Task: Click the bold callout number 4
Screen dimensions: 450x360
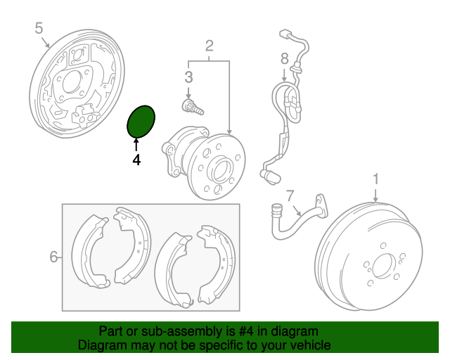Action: (136, 160)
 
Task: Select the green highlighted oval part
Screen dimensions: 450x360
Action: (141, 122)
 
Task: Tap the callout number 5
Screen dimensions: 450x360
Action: (39, 28)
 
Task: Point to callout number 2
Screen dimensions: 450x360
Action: (210, 46)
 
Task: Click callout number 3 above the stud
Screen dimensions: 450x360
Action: (188, 77)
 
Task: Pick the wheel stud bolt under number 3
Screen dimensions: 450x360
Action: (193, 107)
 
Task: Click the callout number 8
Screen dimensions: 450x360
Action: (284, 59)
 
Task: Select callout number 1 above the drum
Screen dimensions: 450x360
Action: (375, 179)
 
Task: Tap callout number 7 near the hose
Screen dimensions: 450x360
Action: (290, 195)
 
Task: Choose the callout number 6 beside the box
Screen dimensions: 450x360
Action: (53, 257)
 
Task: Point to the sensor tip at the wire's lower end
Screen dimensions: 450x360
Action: (270, 176)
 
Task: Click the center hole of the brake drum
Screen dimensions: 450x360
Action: (381, 266)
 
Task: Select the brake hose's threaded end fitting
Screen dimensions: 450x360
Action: (276, 210)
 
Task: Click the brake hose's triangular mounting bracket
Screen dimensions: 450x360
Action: (321, 205)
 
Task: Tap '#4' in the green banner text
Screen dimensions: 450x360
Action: (246, 331)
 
